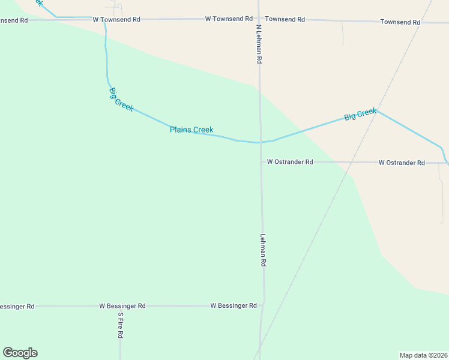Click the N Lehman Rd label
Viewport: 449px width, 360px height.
click(259, 44)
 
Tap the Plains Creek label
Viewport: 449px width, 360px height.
click(191, 130)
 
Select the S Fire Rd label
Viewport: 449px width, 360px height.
click(120, 326)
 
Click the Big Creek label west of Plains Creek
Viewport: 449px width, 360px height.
click(121, 97)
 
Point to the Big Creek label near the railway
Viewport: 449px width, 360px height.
click(360, 114)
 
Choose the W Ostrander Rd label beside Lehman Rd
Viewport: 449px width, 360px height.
click(290, 162)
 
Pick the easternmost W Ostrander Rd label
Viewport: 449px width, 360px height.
click(402, 163)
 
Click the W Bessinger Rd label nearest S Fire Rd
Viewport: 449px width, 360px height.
click(122, 306)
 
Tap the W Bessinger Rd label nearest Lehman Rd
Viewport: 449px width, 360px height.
click(234, 305)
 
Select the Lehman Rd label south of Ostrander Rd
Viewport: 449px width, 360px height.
click(263, 250)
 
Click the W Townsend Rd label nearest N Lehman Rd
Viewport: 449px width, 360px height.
click(229, 19)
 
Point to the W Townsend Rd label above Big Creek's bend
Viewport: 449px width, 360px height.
click(116, 20)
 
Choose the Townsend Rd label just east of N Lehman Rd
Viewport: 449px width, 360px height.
click(285, 19)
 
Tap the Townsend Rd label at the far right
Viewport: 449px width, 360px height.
click(400, 22)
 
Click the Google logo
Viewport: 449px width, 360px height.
click(20, 353)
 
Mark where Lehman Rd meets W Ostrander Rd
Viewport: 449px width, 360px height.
click(261, 162)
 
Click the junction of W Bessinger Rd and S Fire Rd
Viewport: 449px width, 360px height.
click(119, 306)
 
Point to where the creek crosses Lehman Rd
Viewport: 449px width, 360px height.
click(261, 143)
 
